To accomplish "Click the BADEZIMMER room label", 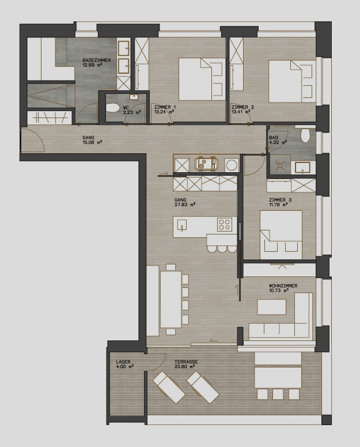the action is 97,60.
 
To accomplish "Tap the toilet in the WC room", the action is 112,108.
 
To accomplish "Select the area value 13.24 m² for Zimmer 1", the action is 164,112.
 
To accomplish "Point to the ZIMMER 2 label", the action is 242,107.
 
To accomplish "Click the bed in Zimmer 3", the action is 281,235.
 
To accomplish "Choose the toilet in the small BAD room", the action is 305,135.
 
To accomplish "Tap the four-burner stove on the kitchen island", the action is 224,224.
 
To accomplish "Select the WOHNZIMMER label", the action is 283,286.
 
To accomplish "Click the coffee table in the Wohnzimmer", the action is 272,306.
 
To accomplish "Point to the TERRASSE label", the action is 186,362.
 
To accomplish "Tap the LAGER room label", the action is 123,362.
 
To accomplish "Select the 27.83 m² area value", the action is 185,204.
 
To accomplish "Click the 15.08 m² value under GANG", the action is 92,142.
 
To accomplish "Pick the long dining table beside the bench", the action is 170,300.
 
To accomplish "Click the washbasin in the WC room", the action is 133,97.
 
